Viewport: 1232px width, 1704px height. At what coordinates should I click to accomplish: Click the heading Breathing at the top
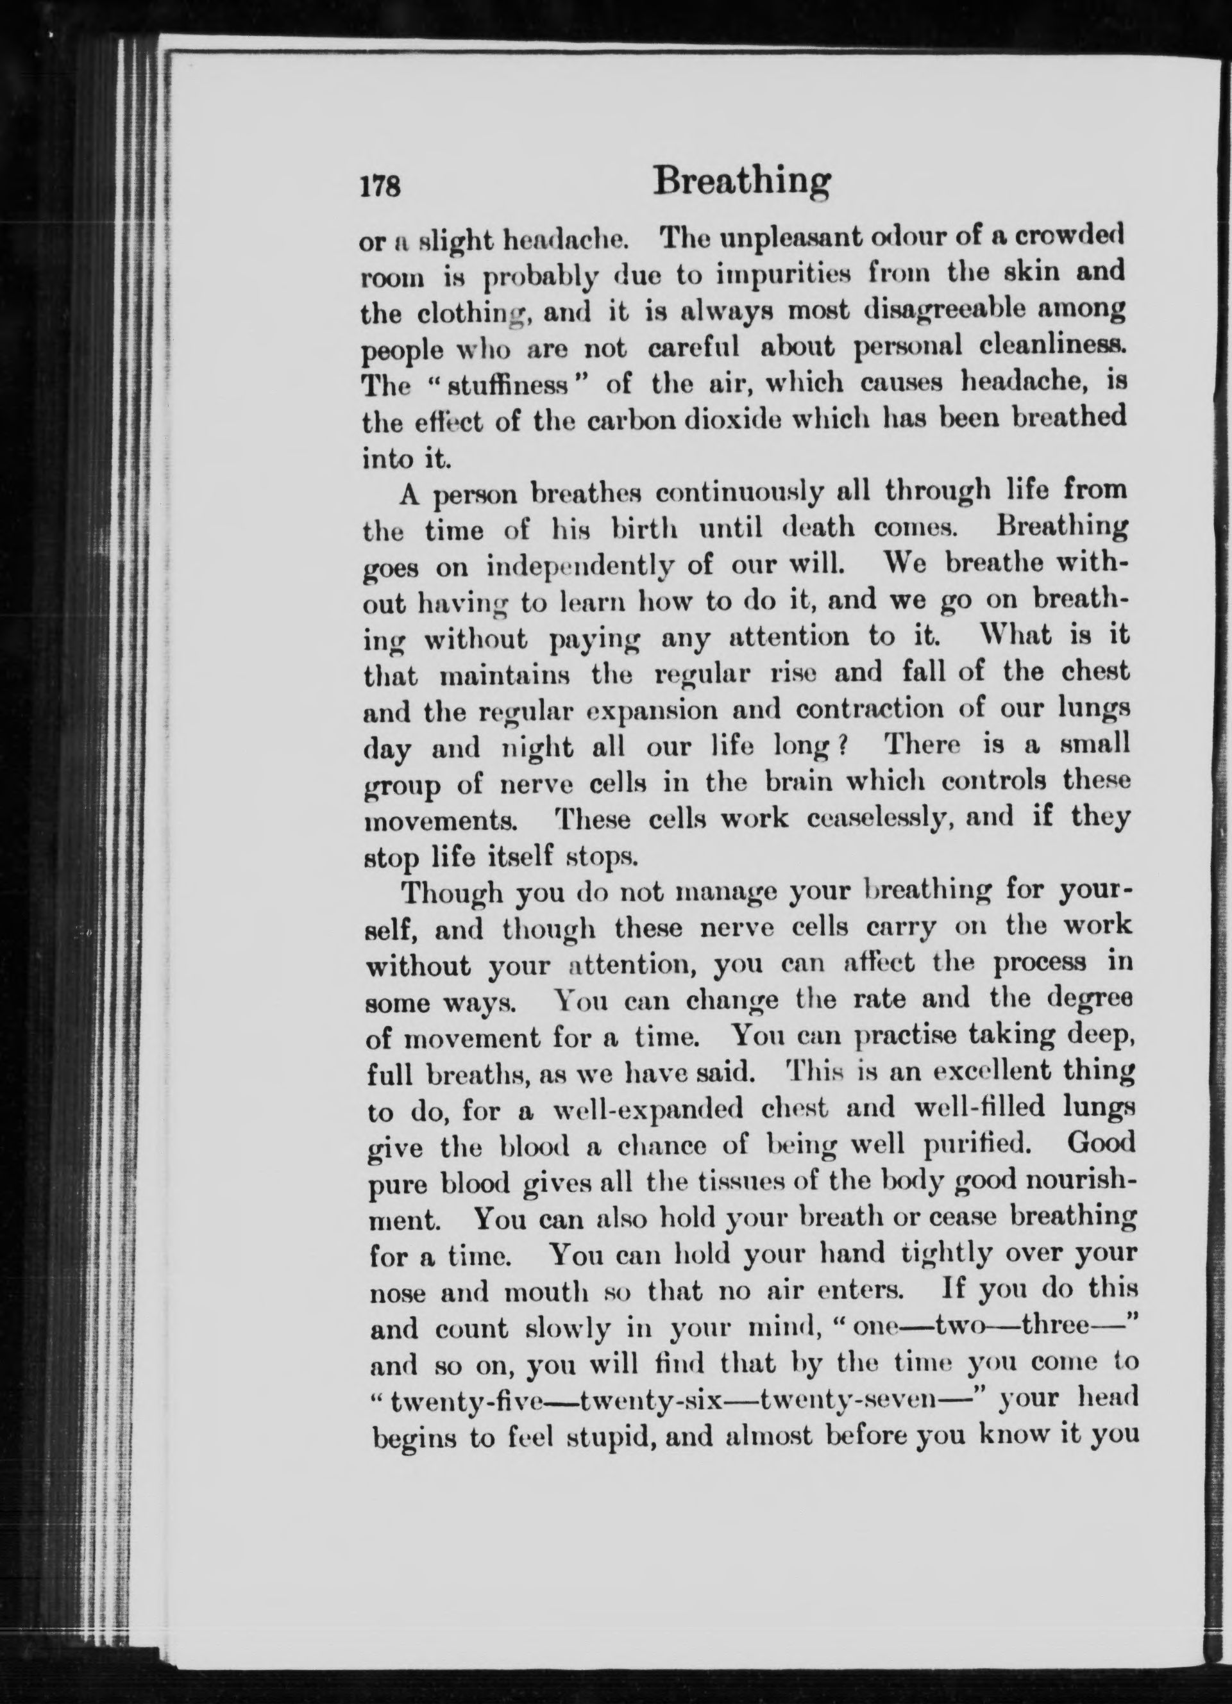click(x=743, y=183)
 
